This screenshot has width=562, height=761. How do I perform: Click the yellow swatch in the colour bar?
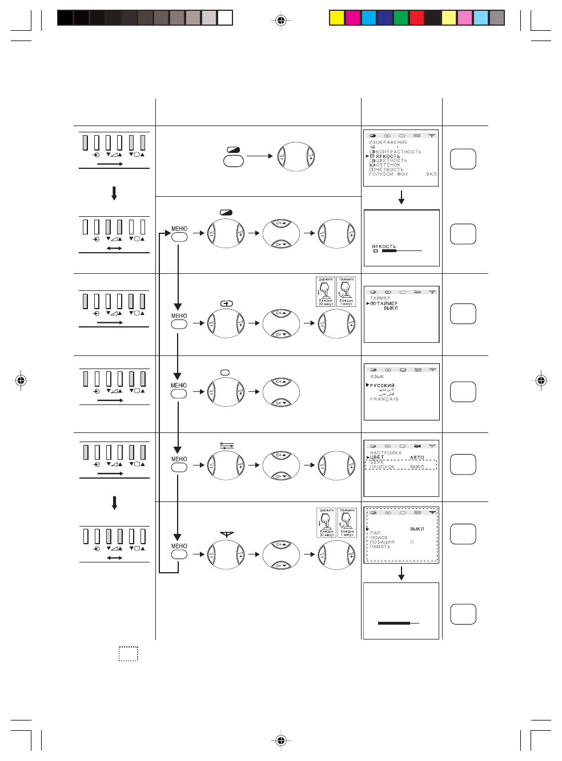click(x=337, y=18)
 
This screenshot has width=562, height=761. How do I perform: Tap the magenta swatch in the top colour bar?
click(x=353, y=18)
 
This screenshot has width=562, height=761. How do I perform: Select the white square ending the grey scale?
click(x=226, y=18)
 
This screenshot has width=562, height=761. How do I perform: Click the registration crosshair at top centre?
click(x=280, y=21)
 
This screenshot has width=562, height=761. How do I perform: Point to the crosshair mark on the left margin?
click(x=21, y=380)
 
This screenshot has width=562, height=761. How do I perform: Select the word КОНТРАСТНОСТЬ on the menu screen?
click(x=399, y=152)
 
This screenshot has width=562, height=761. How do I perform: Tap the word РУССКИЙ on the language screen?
click(x=382, y=386)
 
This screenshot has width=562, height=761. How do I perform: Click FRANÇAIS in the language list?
click(x=384, y=399)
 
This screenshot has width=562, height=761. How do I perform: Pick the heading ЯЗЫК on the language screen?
click(x=377, y=377)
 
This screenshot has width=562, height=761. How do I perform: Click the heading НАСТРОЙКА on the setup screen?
click(x=386, y=453)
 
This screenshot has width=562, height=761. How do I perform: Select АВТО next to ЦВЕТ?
click(x=417, y=458)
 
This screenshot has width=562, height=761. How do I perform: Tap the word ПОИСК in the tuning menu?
click(x=379, y=537)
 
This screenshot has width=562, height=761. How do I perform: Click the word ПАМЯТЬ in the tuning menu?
click(x=380, y=547)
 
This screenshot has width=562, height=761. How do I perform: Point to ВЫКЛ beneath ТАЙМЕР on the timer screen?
click(x=391, y=308)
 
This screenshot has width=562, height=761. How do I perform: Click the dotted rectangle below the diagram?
click(x=129, y=654)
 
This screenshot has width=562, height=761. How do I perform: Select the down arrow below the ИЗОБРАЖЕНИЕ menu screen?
click(x=402, y=197)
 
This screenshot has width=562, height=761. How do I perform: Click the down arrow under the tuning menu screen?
click(x=402, y=573)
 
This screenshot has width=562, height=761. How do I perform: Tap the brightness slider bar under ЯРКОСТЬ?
click(x=402, y=250)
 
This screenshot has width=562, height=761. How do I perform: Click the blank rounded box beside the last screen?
click(x=463, y=614)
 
